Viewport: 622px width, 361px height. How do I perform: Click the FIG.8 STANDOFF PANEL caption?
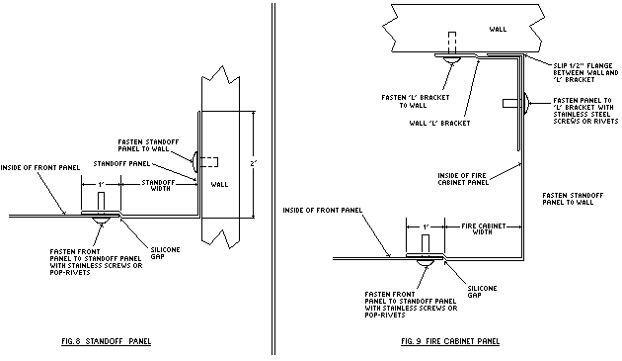[x=107, y=341]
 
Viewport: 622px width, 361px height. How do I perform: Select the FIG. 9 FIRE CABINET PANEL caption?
[x=450, y=341]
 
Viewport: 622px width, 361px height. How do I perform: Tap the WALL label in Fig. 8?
[x=219, y=185]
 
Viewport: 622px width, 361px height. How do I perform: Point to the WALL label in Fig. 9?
[x=498, y=29]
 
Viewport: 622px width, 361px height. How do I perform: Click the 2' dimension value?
[x=254, y=163]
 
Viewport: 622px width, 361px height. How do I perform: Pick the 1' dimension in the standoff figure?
[x=101, y=185]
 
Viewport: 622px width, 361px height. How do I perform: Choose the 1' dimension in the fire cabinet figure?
[x=426, y=227]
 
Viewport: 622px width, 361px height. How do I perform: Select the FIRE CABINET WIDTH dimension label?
[x=484, y=228]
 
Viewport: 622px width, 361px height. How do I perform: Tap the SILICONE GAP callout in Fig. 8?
[x=165, y=253]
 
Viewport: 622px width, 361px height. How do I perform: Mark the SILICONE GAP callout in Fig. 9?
[x=482, y=292]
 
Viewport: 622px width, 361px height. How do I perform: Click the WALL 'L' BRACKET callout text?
[x=439, y=124]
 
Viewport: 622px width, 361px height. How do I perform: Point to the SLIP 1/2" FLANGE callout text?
[x=585, y=73]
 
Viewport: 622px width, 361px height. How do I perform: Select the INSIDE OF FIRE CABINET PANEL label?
[x=463, y=179]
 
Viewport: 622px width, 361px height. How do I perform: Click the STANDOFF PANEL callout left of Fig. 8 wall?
[x=121, y=164]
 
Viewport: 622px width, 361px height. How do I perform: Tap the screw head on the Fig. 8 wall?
[x=194, y=162]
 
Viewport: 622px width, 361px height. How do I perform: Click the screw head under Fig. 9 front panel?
[x=426, y=262]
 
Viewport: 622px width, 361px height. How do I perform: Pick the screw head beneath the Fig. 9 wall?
[x=452, y=59]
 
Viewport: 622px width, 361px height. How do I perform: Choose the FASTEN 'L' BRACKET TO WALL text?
[x=416, y=102]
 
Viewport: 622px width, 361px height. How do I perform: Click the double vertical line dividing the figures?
[x=273, y=179]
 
